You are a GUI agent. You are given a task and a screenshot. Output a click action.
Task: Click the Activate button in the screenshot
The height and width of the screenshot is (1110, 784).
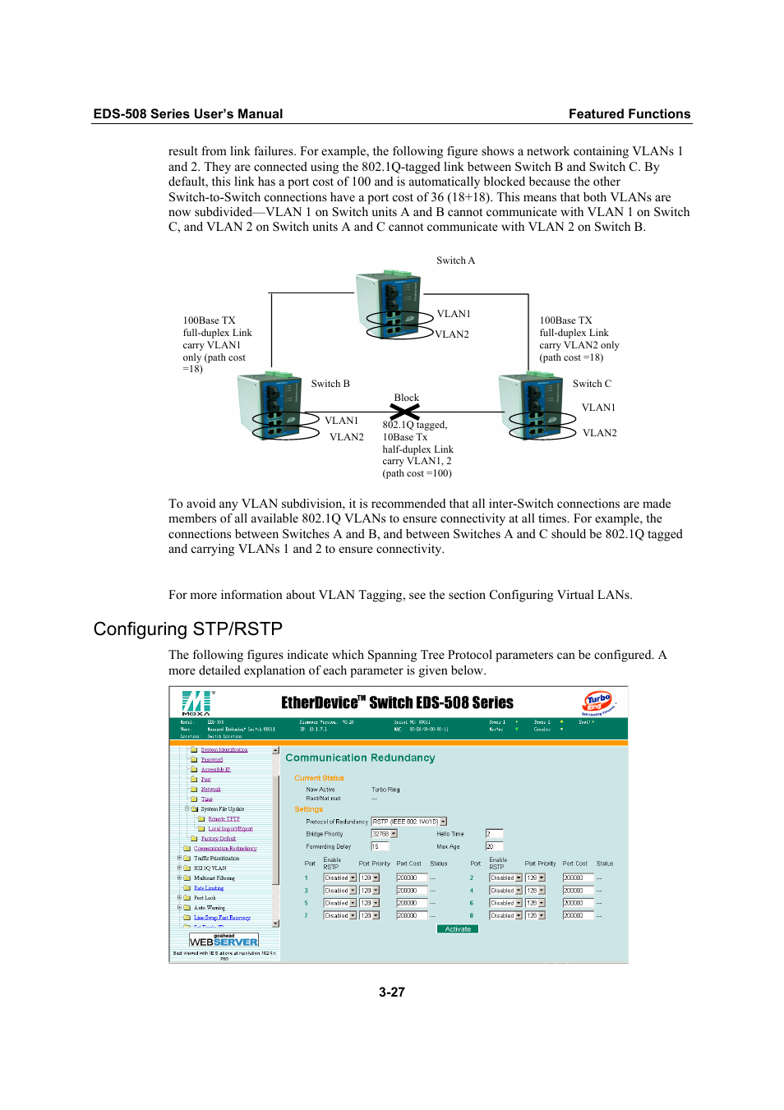(x=458, y=929)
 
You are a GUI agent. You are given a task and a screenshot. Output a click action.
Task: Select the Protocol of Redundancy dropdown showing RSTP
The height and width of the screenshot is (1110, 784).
(x=408, y=822)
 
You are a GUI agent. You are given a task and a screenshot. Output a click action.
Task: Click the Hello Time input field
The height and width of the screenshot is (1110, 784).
(x=493, y=834)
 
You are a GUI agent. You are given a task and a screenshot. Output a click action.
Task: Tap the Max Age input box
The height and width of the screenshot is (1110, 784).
(x=493, y=846)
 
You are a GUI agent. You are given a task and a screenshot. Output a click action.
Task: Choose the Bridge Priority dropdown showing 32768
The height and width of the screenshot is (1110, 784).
(x=384, y=834)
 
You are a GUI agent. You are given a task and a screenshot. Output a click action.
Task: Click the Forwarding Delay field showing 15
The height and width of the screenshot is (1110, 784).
(x=379, y=846)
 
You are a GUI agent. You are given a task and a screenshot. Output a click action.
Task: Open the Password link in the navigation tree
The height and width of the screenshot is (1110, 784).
(x=212, y=760)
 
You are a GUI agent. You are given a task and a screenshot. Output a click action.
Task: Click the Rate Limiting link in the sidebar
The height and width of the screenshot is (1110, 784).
(x=209, y=888)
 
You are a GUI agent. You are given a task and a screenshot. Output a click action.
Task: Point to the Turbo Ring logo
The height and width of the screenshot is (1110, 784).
(x=598, y=702)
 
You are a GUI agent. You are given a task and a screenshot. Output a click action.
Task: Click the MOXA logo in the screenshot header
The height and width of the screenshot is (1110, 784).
(x=196, y=703)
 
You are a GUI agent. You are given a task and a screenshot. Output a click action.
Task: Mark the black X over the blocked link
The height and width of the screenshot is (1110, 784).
(x=404, y=412)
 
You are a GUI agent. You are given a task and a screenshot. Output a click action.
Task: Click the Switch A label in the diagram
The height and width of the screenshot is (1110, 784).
(x=455, y=260)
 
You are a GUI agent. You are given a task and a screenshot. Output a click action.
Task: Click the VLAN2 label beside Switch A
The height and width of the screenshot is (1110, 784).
(x=452, y=334)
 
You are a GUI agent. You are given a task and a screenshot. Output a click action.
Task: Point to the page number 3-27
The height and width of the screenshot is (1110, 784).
(x=391, y=993)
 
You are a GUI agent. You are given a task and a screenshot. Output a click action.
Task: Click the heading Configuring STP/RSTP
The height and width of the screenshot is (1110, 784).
(x=187, y=629)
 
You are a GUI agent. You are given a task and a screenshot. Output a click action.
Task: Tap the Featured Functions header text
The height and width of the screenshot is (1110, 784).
(x=629, y=114)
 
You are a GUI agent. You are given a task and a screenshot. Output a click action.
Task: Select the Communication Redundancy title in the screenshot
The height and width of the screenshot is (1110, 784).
(x=360, y=758)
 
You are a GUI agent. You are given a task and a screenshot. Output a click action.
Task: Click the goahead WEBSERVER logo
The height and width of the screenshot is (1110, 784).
(x=224, y=941)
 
